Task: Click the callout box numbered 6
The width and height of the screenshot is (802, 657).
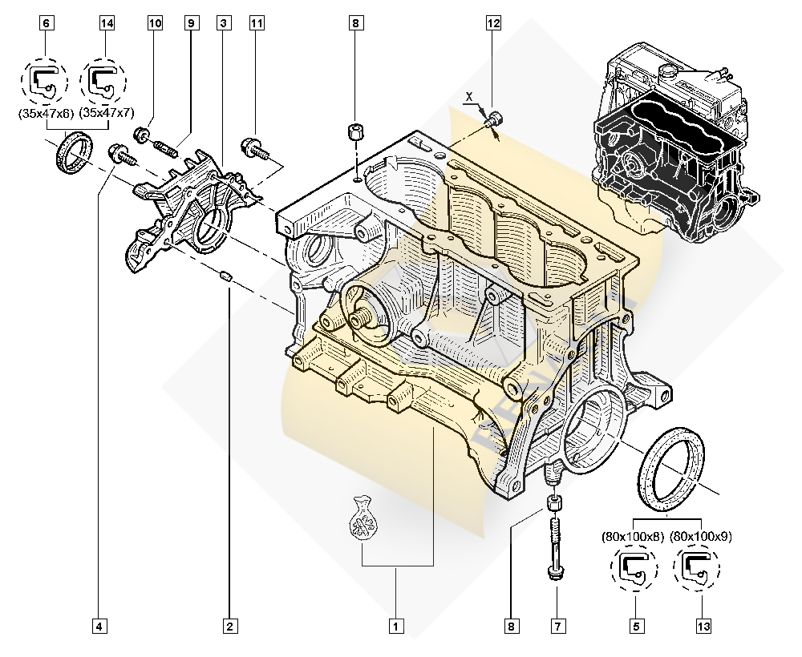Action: (47, 23)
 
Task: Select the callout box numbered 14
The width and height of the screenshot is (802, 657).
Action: (107, 23)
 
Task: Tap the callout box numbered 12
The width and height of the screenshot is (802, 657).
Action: (492, 23)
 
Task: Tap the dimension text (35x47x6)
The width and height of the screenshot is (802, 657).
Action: (46, 114)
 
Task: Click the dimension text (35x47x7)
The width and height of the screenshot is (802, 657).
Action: (107, 114)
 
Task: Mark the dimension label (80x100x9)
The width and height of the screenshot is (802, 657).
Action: (701, 535)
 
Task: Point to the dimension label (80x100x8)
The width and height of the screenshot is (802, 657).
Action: (634, 535)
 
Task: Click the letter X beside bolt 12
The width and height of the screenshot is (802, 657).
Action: (470, 97)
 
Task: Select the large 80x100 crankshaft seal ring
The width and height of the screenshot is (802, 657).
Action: (670, 469)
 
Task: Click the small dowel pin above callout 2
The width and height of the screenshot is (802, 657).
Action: (226, 276)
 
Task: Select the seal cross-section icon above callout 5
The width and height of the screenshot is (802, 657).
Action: (634, 567)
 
